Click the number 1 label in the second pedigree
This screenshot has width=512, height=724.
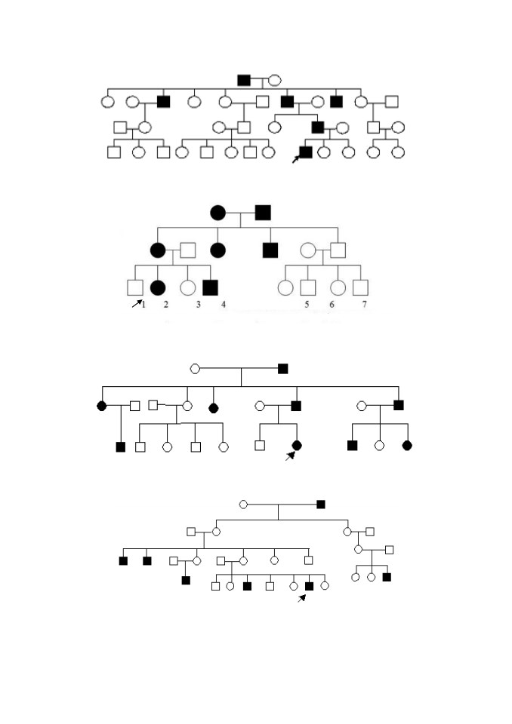click(143, 305)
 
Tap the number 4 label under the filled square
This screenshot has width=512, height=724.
click(224, 305)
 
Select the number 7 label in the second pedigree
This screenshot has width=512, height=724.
click(365, 305)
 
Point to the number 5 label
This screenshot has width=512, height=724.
click(307, 305)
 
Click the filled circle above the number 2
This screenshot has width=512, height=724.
click(158, 287)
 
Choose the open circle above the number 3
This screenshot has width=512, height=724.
click(187, 287)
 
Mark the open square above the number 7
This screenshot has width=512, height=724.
click(360, 287)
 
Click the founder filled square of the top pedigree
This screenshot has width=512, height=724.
click(244, 81)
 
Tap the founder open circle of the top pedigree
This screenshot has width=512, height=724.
click(275, 81)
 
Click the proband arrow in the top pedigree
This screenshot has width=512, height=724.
click(295, 159)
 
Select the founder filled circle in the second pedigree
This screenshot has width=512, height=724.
click(217, 213)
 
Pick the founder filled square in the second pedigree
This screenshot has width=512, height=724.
click(263, 213)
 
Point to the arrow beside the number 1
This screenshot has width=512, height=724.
click(137, 303)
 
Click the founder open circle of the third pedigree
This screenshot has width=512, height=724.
click(195, 369)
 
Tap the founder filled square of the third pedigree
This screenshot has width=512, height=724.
click(283, 369)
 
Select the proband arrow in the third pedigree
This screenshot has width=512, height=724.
click(290, 456)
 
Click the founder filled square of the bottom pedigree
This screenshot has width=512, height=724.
click(321, 505)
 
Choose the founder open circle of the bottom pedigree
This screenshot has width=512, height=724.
click(244, 505)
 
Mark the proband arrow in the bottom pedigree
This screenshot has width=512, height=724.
click(301, 598)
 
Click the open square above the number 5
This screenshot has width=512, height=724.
click(308, 287)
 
